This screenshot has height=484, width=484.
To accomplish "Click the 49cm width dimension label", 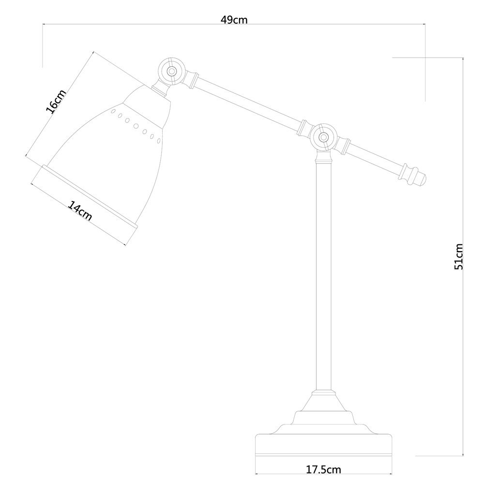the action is click(x=234, y=20).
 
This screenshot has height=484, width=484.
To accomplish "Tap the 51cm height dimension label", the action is click(x=459, y=256).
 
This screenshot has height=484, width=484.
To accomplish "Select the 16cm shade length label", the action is click(x=56, y=102).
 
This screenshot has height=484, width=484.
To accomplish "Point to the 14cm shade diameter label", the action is click(x=80, y=211).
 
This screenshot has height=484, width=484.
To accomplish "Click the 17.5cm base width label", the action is click(x=323, y=469).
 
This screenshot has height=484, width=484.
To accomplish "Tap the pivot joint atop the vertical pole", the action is click(x=324, y=136).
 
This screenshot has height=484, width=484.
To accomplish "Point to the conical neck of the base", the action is click(x=323, y=403).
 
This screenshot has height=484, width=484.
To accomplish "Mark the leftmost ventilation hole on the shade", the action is click(x=113, y=111).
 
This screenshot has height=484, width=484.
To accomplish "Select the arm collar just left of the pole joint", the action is click(x=304, y=128).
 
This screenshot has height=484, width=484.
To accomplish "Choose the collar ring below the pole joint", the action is click(x=324, y=161).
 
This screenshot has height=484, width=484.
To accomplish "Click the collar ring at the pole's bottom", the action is click(x=323, y=393).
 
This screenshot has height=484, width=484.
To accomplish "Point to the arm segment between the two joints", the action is click(x=247, y=103).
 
